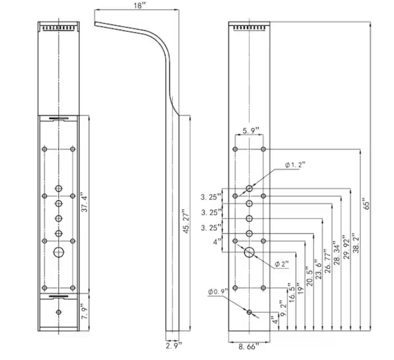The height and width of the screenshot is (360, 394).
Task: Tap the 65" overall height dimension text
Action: click(x=366, y=205)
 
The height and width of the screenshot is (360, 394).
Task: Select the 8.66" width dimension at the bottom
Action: click(x=249, y=347)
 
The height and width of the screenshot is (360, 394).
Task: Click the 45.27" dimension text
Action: click(x=186, y=222)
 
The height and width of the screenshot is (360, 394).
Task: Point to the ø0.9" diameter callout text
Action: click(x=218, y=291)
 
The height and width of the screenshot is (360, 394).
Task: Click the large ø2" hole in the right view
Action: click(x=249, y=252)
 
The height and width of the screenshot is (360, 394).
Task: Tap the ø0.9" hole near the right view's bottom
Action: click(x=249, y=312)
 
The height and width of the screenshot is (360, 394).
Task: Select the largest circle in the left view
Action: click(x=58, y=252)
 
